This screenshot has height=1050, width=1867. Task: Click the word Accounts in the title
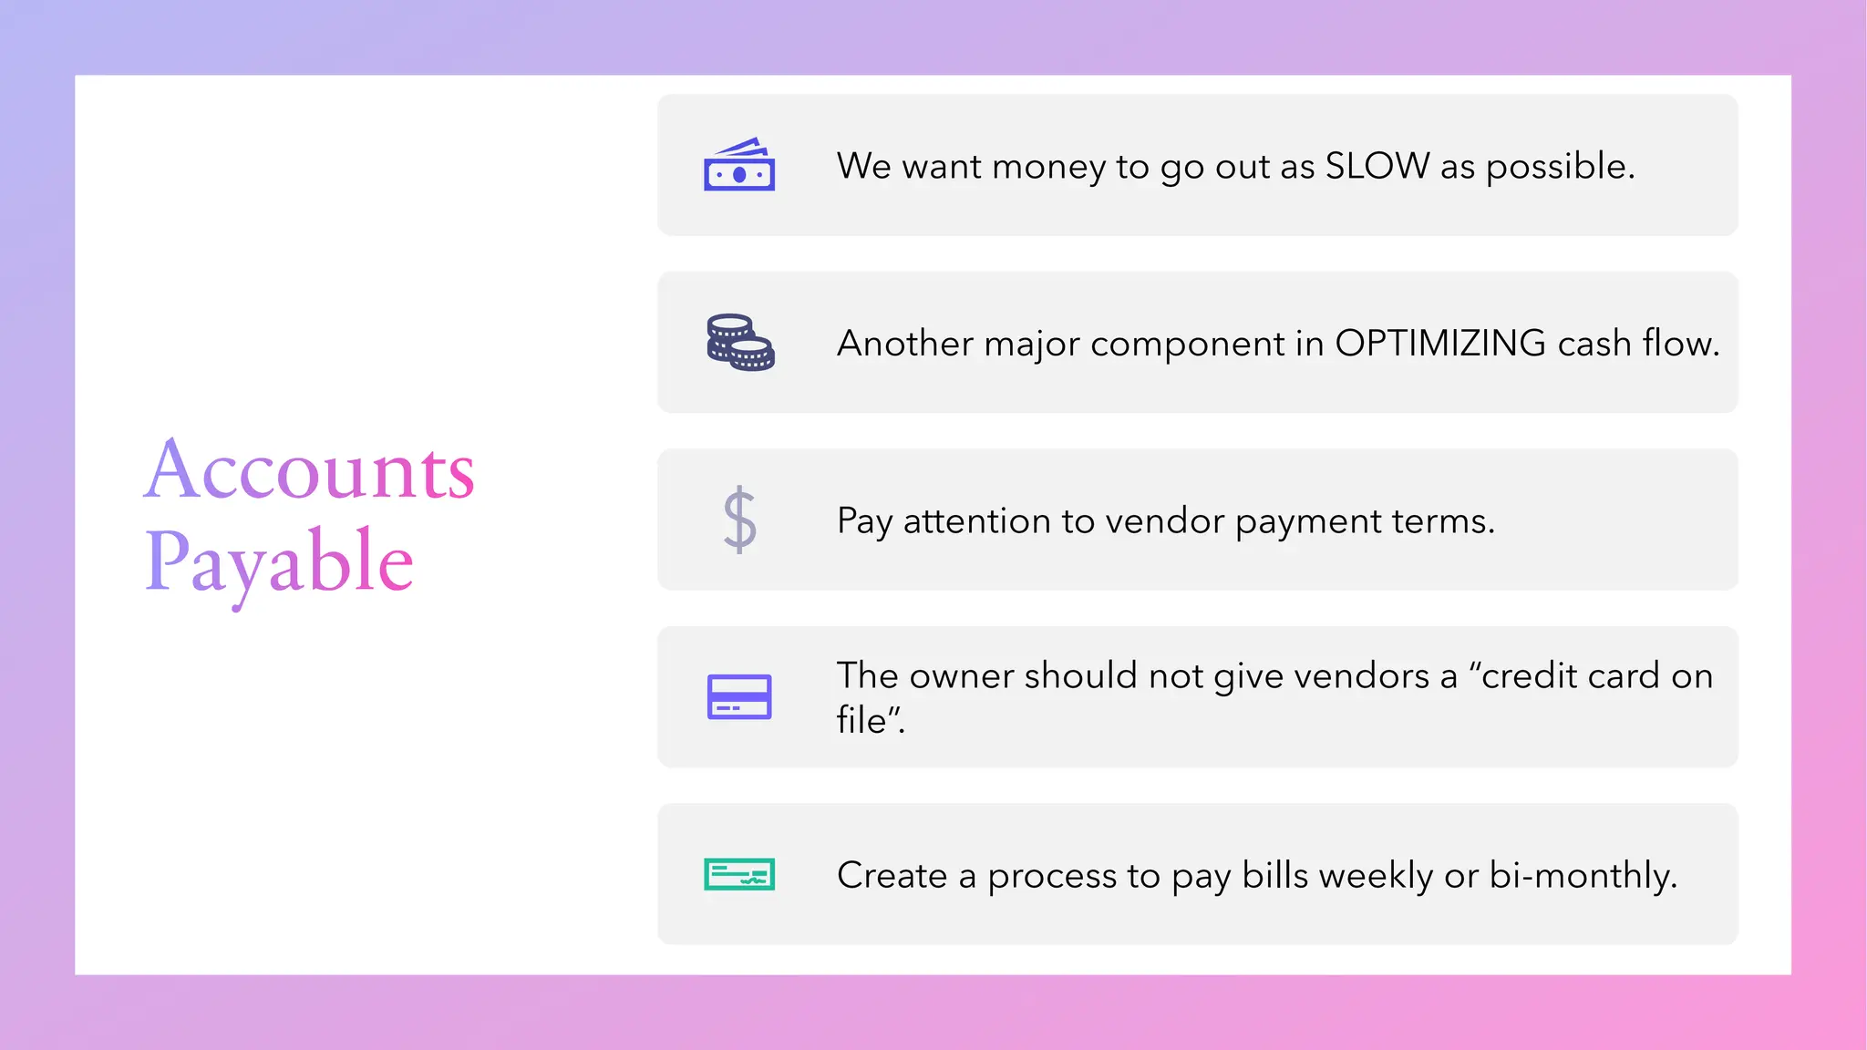pyautogui.click(x=309, y=470)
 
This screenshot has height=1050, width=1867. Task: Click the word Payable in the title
pyautogui.click(x=279, y=562)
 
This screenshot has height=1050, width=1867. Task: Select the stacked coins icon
pyautogui.click(x=740, y=343)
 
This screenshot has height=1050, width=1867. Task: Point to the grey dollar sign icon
pyautogui.click(x=739, y=520)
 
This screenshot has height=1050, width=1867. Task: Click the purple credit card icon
pyautogui.click(x=739, y=696)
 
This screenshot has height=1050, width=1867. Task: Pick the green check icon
pyautogui.click(x=739, y=874)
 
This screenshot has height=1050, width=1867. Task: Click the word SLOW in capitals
pyautogui.click(x=1377, y=166)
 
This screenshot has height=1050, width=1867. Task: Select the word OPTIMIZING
pyautogui.click(x=1440, y=344)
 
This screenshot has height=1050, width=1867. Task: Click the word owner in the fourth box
pyautogui.click(x=961, y=676)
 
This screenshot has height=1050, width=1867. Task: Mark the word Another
pyautogui.click(x=905, y=344)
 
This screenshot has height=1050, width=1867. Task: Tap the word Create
pyautogui.click(x=892, y=876)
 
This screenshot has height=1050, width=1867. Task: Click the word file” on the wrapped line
pyautogui.click(x=869, y=720)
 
